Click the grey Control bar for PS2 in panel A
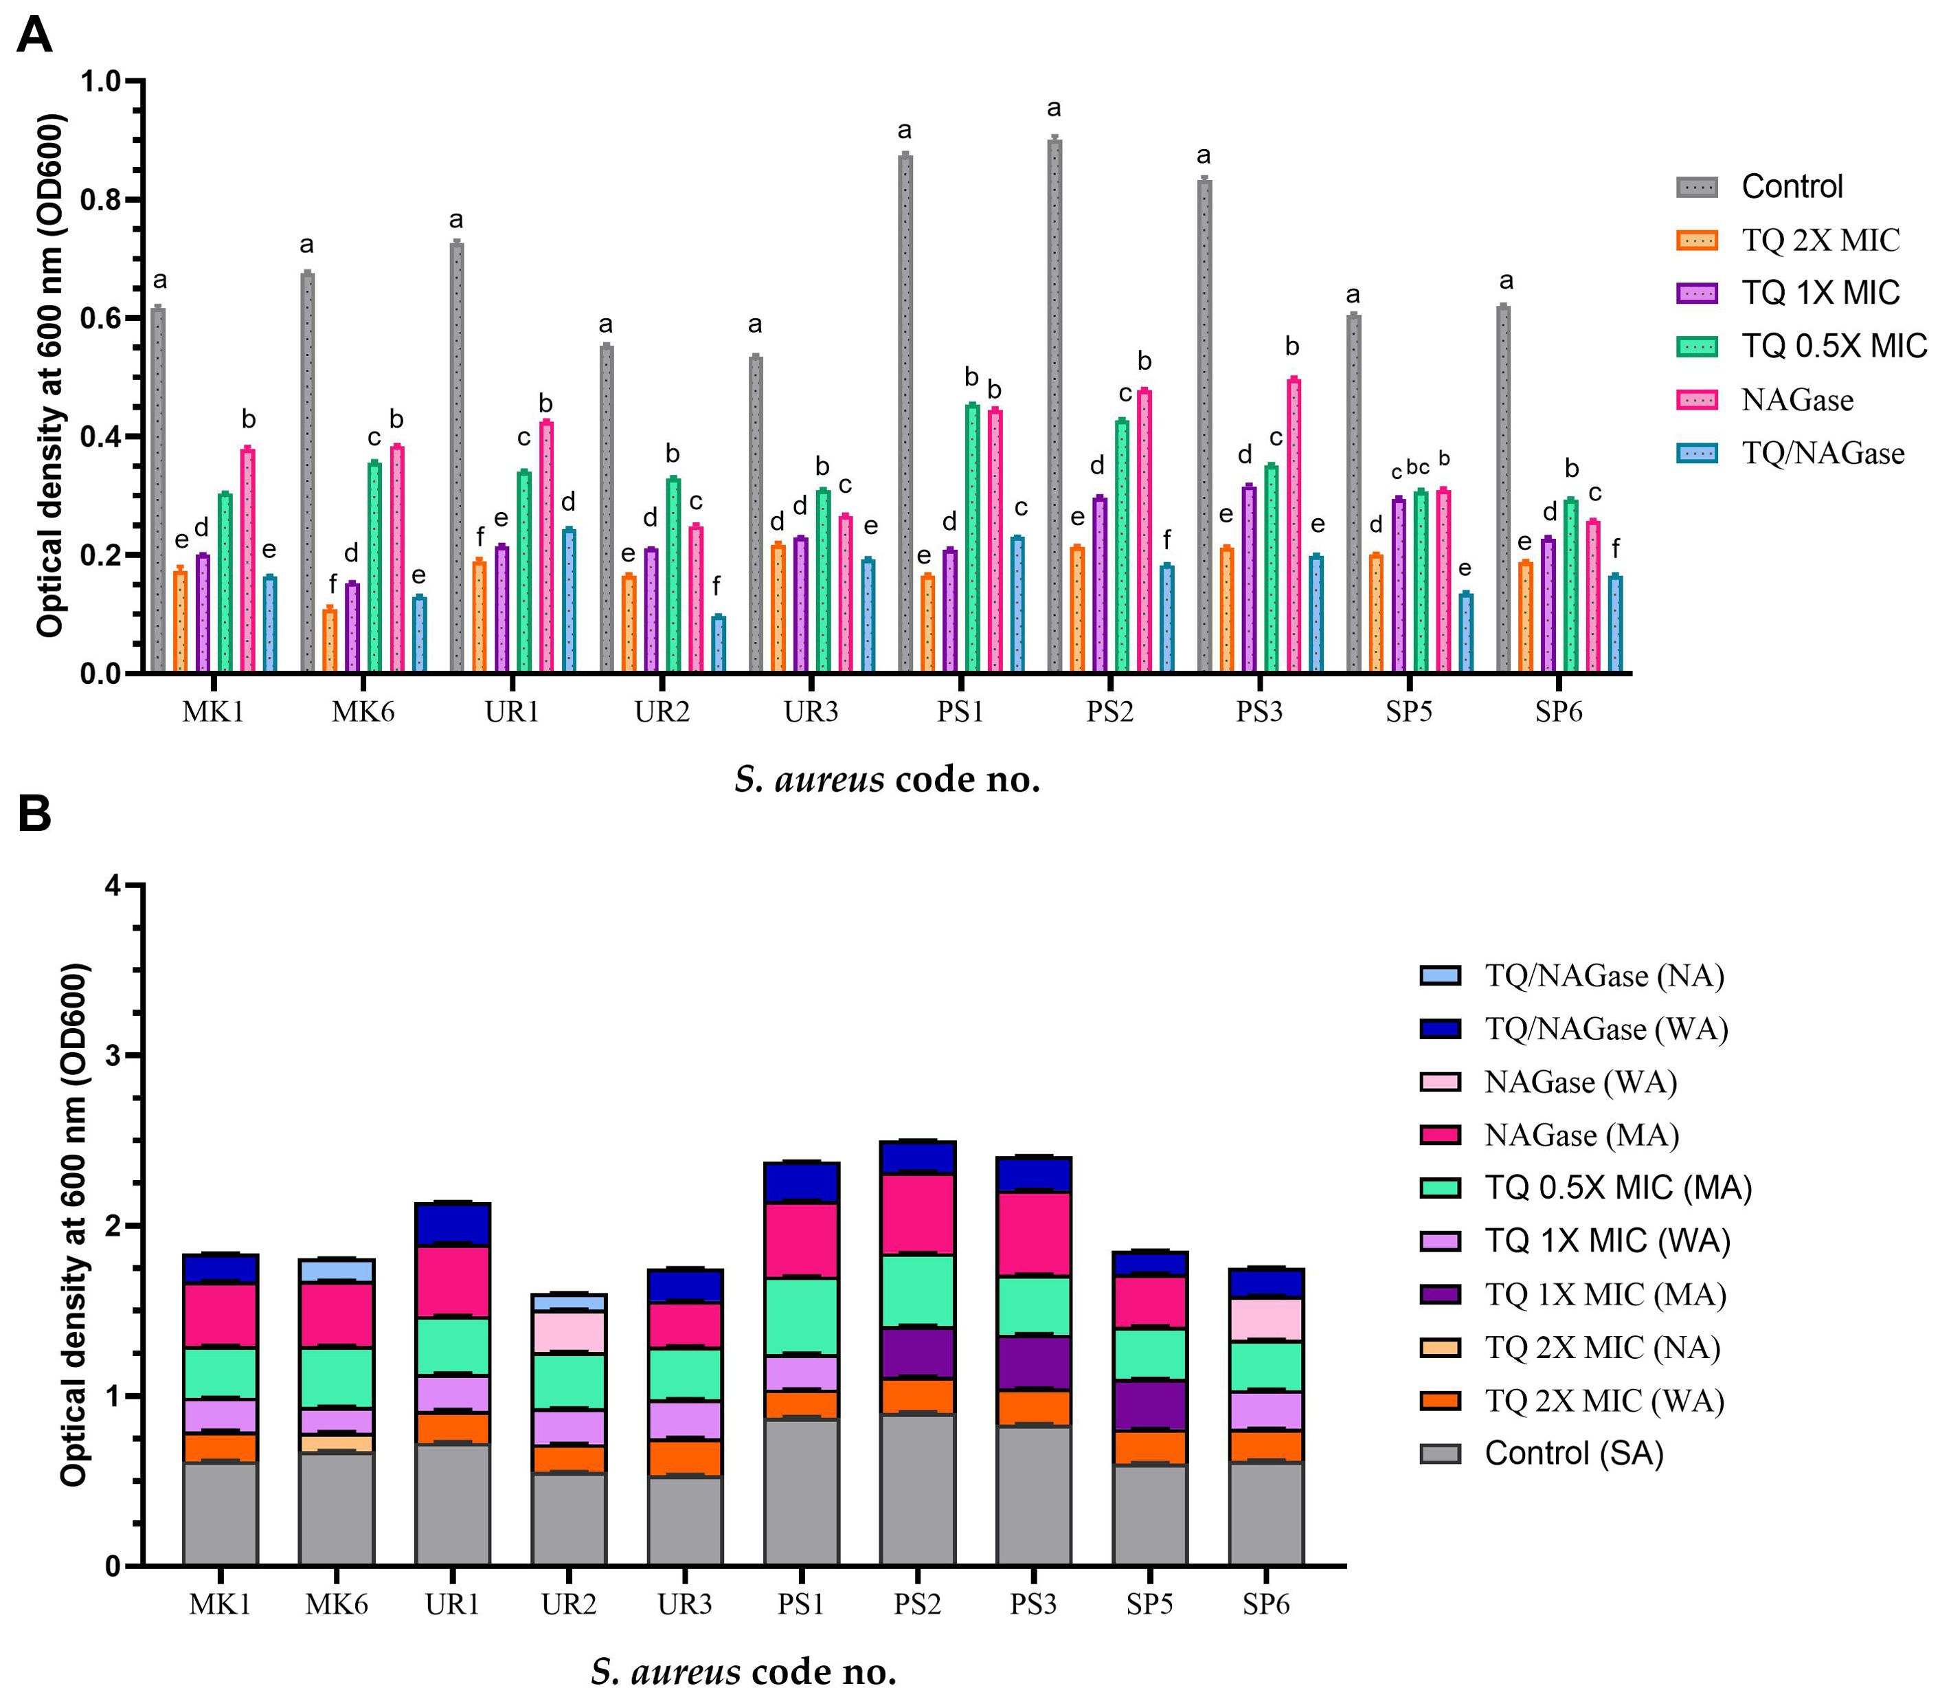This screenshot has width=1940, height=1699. click(x=1054, y=408)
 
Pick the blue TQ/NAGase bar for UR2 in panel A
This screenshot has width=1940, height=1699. click(x=719, y=645)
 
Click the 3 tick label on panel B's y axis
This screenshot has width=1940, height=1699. click(x=113, y=1055)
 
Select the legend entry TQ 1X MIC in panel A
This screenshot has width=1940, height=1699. click(x=1820, y=293)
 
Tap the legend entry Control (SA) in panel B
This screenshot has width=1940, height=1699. click(x=1573, y=1454)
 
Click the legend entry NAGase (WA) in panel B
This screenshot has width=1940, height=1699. click(x=1580, y=1082)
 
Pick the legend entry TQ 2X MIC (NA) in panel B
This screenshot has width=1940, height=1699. click(x=1601, y=1347)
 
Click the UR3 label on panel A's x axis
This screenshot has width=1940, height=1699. click(x=811, y=711)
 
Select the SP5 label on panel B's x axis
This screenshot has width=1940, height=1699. click(x=1149, y=1604)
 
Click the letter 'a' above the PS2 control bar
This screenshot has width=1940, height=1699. click(x=1054, y=108)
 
